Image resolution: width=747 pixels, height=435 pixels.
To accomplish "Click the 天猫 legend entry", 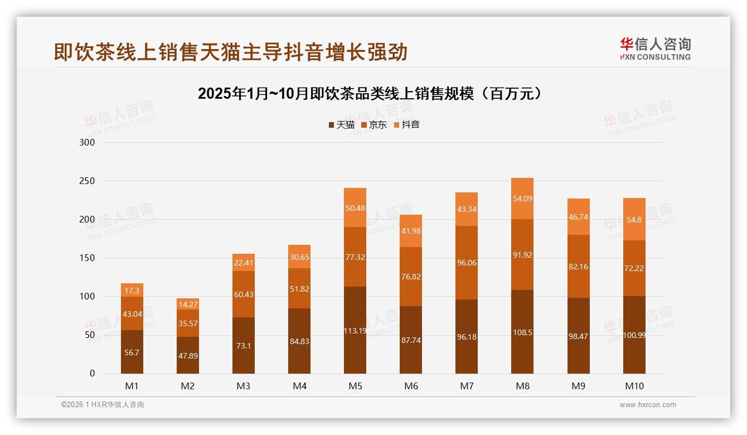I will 341,125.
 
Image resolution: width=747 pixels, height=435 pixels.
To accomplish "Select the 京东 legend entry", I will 374,125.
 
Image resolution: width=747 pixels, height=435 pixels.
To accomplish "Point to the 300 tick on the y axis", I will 88,142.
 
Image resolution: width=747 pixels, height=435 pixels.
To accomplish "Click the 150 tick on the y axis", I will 88,258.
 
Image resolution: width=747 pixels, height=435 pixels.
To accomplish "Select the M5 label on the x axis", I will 355,386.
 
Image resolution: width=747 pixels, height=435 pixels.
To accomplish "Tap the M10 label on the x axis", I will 634,386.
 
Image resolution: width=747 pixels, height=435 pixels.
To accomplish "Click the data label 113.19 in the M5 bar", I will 355,330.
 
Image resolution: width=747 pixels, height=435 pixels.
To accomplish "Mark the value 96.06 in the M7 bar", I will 467,263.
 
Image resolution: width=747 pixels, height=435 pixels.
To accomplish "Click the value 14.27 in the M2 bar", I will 188,304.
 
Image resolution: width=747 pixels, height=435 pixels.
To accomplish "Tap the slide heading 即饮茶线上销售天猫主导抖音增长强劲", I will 231,52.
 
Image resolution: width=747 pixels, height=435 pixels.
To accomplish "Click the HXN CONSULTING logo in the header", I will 655,49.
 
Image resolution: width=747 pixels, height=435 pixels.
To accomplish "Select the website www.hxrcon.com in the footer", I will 648,405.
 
